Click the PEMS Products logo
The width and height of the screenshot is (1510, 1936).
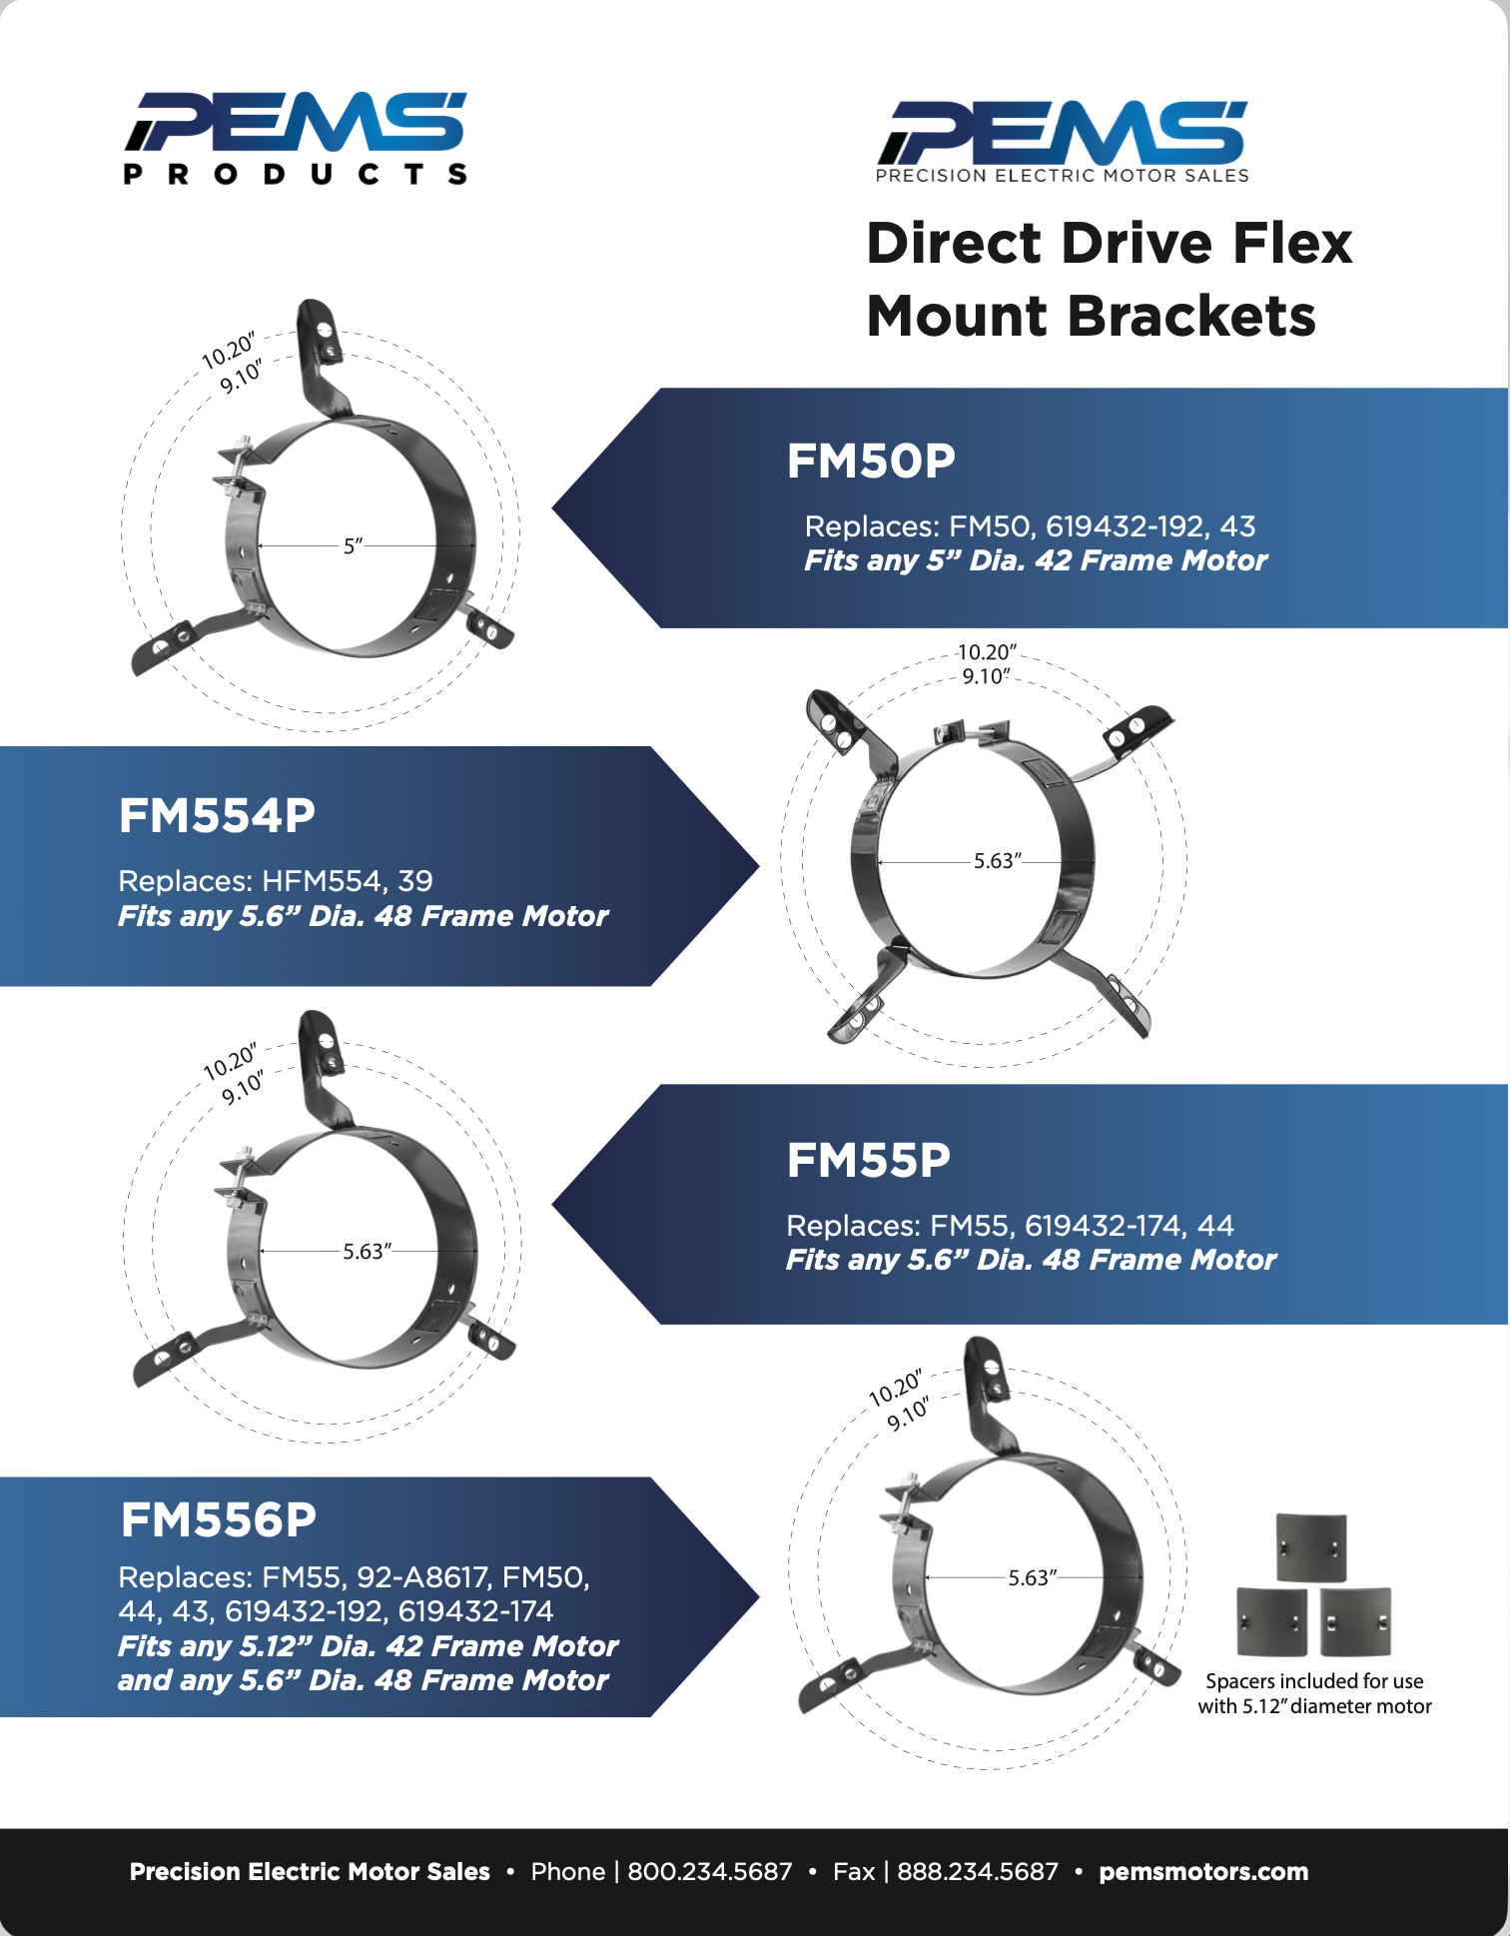(296, 138)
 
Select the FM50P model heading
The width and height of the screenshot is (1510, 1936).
(871, 462)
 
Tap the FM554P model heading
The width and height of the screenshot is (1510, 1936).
(217, 816)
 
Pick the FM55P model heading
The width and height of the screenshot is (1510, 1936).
(868, 1161)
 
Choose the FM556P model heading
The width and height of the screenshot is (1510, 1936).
(218, 1520)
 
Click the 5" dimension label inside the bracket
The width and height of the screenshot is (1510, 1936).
(353, 546)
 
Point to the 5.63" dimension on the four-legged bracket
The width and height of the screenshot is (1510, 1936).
(997, 861)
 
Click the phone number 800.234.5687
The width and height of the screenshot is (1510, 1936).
(709, 1872)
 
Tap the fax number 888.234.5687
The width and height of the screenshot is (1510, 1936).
(977, 1872)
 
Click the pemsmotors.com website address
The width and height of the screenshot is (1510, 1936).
(1203, 1872)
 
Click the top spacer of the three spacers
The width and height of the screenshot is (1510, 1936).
(1311, 1547)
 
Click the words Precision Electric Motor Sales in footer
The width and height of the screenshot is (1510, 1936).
(310, 1872)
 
